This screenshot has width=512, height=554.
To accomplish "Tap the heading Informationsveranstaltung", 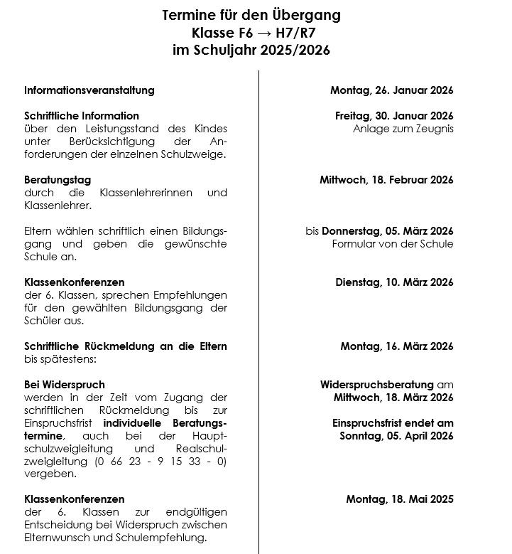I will [89, 90].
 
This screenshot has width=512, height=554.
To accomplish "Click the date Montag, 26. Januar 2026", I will [391, 90].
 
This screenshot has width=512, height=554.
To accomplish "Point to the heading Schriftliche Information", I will [82, 116].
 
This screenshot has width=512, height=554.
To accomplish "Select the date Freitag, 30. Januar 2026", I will [394, 116].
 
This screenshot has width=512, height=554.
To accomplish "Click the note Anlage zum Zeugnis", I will [403, 129].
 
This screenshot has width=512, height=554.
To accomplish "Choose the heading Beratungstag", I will [58, 180].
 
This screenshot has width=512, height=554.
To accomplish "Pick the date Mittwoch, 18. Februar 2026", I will [386, 180].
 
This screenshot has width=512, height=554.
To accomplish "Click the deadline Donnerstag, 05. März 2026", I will [388, 231].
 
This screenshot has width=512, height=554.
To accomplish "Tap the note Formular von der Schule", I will [392, 244].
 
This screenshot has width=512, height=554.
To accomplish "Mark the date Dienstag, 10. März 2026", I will [394, 282].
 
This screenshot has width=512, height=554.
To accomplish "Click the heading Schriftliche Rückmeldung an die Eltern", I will [126, 346].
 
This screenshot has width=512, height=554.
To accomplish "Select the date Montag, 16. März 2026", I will [396, 346].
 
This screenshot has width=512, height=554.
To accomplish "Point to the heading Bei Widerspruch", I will [65, 385].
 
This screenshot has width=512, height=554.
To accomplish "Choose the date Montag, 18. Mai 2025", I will [400, 499].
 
